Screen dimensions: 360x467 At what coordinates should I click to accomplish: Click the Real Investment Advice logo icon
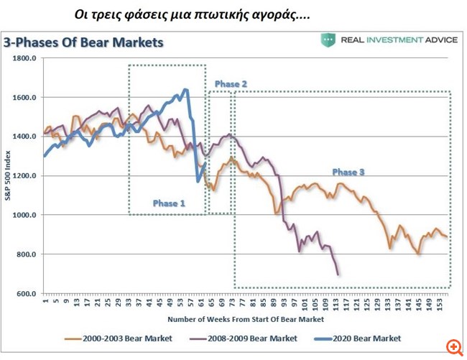pyautogui.click(x=328, y=40)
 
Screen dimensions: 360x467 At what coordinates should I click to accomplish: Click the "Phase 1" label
pyautogui.click(x=169, y=203)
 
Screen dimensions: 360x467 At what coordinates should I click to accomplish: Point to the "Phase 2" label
pyautogui.click(x=231, y=84)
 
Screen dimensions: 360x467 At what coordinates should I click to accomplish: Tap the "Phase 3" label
pyautogui.click(x=348, y=172)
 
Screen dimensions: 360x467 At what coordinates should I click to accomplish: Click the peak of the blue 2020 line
pyautogui.click(x=185, y=90)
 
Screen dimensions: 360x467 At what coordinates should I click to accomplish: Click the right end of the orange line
pyautogui.click(x=447, y=236)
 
